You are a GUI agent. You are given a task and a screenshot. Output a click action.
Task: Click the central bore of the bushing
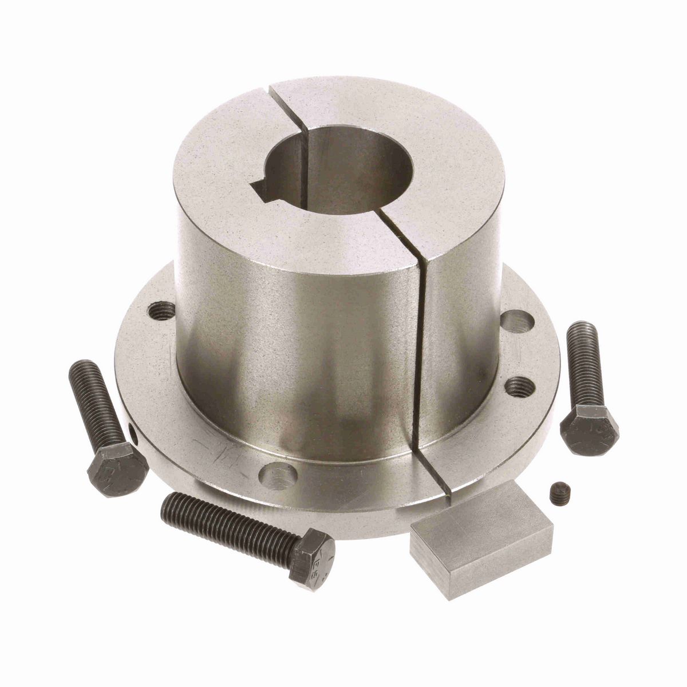[338, 172]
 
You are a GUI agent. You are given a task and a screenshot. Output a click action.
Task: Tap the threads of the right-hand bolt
[584, 361]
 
